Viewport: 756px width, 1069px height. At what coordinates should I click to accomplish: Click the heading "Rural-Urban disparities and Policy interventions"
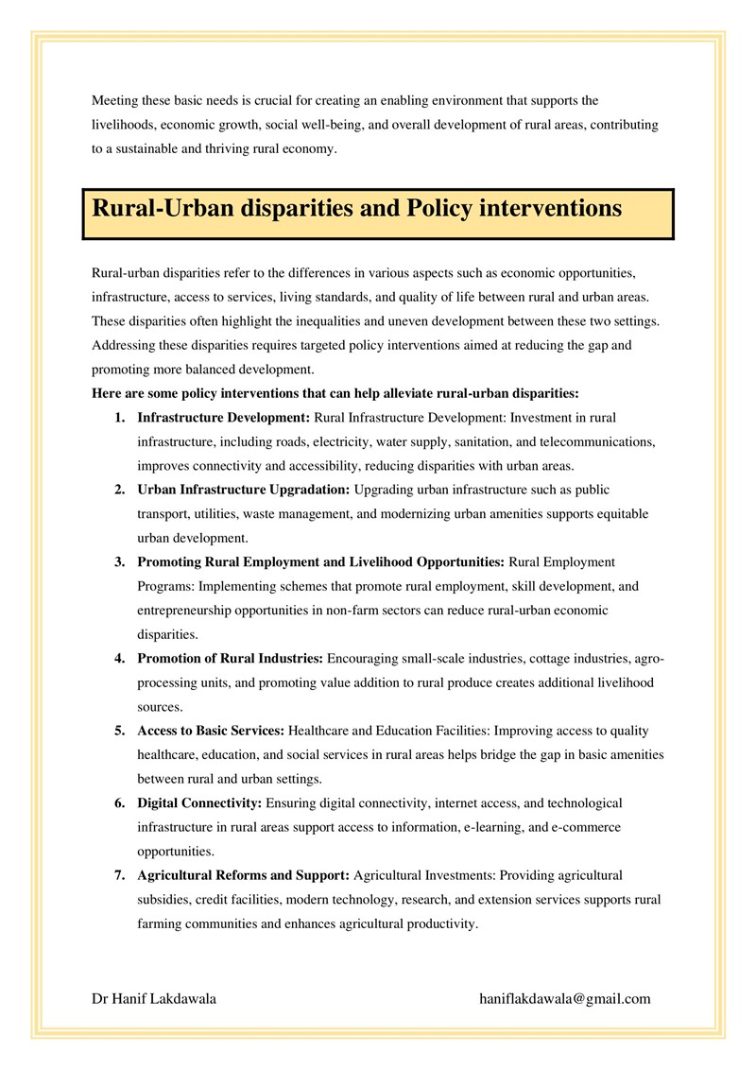pyautogui.click(x=356, y=208)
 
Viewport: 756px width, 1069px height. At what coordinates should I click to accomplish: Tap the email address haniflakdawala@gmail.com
pyautogui.click(x=565, y=998)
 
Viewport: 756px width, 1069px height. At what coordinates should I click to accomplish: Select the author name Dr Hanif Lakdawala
pyautogui.click(x=154, y=998)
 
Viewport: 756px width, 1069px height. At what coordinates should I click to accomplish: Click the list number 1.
pyautogui.click(x=119, y=417)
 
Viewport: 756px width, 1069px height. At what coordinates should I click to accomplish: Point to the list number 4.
pyautogui.click(x=119, y=658)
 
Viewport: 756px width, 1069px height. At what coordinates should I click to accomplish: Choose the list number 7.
pyautogui.click(x=119, y=875)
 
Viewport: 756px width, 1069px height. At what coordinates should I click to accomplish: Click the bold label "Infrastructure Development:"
pyautogui.click(x=223, y=417)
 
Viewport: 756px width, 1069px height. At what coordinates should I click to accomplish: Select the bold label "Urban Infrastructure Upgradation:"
pyautogui.click(x=244, y=490)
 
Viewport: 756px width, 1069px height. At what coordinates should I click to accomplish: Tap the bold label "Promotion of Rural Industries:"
pyautogui.click(x=231, y=658)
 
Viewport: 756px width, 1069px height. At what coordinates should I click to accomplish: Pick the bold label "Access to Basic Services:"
pyautogui.click(x=210, y=731)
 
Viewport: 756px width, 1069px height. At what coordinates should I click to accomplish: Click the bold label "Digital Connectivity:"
pyautogui.click(x=199, y=803)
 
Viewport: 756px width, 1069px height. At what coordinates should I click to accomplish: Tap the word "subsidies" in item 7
pyautogui.click(x=163, y=899)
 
